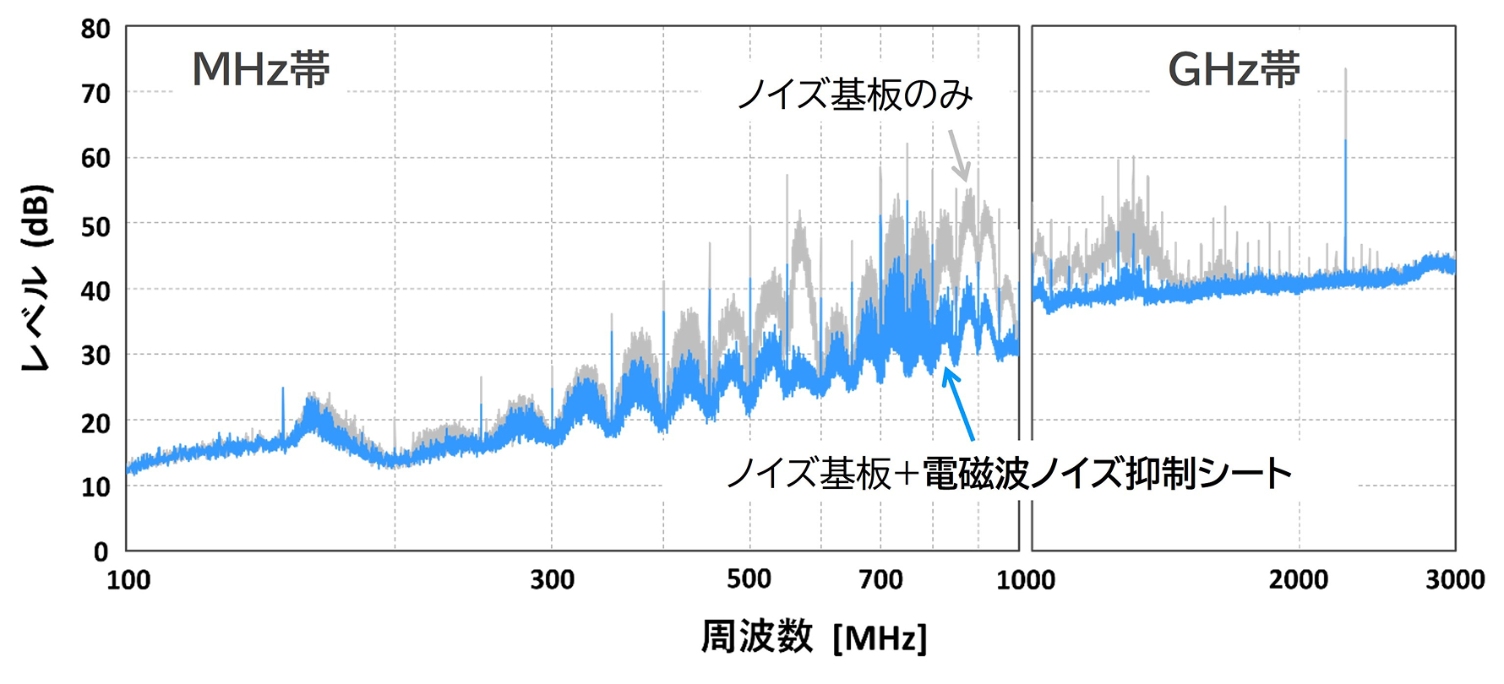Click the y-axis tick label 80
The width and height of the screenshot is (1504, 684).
95,30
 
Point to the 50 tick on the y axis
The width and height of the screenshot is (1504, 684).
95,226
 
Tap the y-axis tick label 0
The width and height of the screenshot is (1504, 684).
101,552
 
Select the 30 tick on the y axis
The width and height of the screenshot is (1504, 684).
95,356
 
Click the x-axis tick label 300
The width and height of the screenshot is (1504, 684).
553,580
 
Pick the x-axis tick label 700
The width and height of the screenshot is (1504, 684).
880,580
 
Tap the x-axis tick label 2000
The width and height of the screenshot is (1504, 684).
1299,580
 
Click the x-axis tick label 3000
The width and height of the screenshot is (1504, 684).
1455,580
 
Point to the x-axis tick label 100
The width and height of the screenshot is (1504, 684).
128,580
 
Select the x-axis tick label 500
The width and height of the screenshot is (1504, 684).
749,579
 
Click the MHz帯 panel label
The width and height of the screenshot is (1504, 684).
261,69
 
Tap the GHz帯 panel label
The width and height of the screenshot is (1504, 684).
1234,69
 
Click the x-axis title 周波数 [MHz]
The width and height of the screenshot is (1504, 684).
814,638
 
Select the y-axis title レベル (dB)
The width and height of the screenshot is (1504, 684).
36,278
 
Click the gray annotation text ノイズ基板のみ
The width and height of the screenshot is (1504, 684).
855,95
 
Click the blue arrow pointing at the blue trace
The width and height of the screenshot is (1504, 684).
961,406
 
